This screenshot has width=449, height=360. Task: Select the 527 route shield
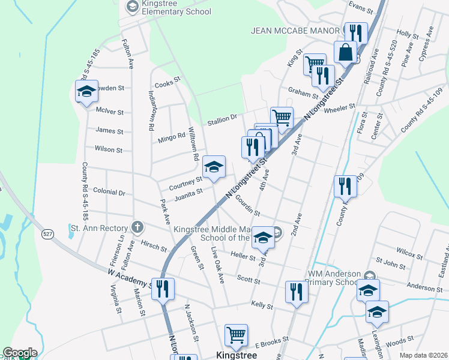click(47, 233)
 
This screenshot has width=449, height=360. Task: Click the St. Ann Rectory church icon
click(137, 227)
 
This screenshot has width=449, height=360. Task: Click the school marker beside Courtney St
click(214, 167)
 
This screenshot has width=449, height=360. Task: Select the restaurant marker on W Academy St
click(163, 289)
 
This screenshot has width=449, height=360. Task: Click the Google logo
click(20, 353)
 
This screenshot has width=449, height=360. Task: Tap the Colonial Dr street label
click(113, 193)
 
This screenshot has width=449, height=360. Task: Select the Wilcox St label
click(409, 255)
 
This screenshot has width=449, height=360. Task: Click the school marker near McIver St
click(86, 92)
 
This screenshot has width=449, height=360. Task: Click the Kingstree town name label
click(237, 355)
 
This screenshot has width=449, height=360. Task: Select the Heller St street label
click(243, 255)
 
